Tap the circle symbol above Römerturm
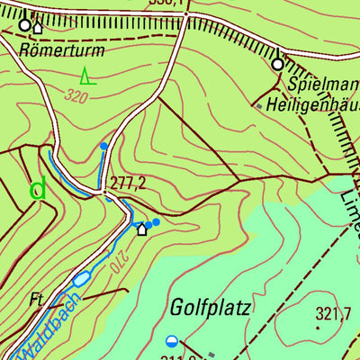click(x=24, y=25)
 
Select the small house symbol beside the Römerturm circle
click(x=37, y=28)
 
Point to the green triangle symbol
click(x=86, y=75)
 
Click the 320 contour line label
click(x=76, y=93)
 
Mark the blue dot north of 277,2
click(x=104, y=145)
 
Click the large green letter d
click(x=38, y=189)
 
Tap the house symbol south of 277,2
click(x=141, y=229)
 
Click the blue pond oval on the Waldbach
click(x=81, y=279)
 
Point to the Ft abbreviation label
click(x=37, y=299)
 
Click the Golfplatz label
click(x=210, y=308)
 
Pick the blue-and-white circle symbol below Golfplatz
click(x=172, y=340)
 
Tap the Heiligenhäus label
click(x=315, y=106)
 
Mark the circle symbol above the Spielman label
click(x=277, y=64)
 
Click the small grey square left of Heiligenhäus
click(x=259, y=106)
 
